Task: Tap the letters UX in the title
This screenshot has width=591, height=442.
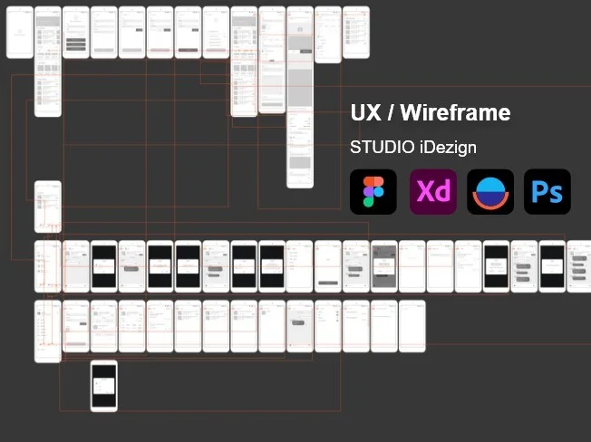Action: click(364, 113)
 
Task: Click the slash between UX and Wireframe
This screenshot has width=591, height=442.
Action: click(389, 113)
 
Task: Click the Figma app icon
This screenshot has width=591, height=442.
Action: click(373, 192)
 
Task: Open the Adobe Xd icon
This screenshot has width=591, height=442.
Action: click(432, 192)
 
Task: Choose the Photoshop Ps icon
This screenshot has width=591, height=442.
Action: click(547, 192)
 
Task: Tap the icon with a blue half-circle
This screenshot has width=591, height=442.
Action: click(490, 192)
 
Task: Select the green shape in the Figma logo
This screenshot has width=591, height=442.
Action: click(369, 202)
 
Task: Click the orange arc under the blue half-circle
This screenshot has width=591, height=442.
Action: click(490, 204)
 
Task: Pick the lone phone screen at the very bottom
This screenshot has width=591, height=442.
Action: click(103, 385)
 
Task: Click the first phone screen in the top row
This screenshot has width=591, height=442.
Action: click(19, 33)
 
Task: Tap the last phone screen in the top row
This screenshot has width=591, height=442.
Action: click(355, 33)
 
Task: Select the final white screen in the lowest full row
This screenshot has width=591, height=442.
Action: click(412, 325)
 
